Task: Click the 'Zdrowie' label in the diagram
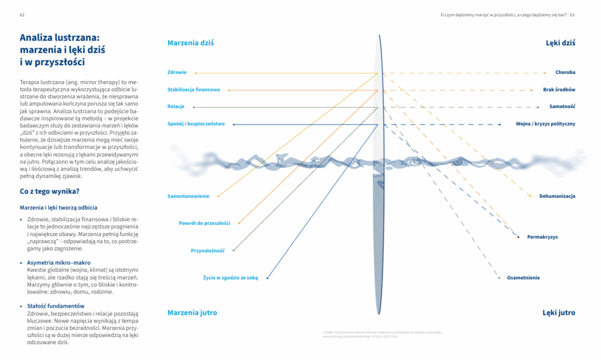point(177,72)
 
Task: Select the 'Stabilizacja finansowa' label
point(194,90)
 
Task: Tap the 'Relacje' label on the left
point(176,107)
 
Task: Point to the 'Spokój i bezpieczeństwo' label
point(195,124)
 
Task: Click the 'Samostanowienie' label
point(188,196)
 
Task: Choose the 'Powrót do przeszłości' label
point(205,223)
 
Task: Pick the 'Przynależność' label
point(208,251)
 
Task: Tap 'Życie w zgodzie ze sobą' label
point(230,277)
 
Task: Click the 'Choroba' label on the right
point(565,72)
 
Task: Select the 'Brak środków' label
point(559,90)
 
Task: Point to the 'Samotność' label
point(562,107)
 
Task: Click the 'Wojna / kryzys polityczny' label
point(545,124)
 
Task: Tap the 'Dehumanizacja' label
point(558,196)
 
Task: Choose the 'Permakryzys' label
point(542,237)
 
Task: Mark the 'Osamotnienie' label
point(524,277)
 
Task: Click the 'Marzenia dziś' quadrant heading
point(191,43)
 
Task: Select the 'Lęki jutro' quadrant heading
point(559,313)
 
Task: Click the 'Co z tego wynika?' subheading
point(50,191)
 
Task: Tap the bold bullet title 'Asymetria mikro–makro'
point(59,263)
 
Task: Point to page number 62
point(22,15)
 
